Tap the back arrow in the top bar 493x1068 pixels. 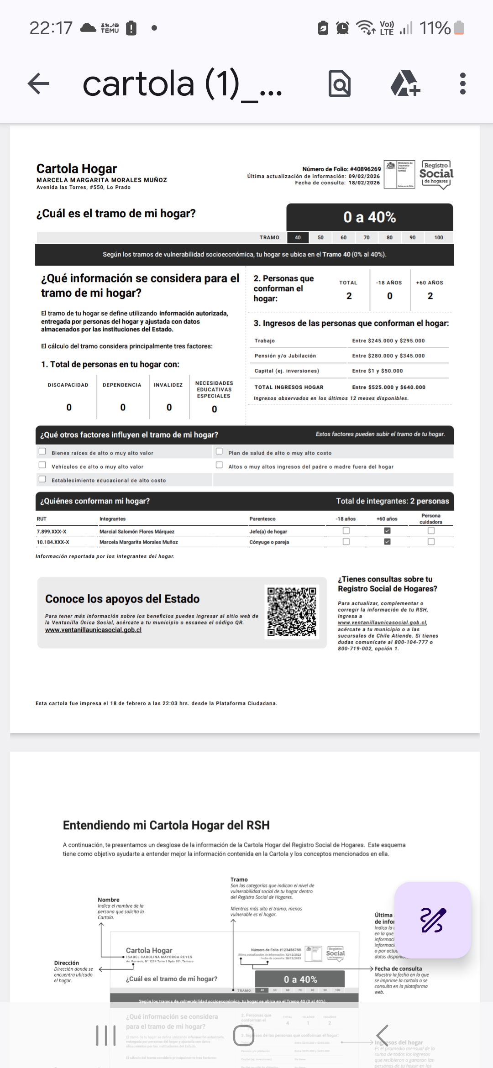(x=39, y=84)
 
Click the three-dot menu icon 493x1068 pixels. (x=463, y=84)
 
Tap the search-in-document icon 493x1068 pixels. (x=340, y=84)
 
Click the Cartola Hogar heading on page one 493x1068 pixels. (x=77, y=169)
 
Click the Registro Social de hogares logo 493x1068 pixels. (x=436, y=174)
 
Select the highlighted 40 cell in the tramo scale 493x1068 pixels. (x=298, y=237)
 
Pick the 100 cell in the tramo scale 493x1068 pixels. (x=439, y=237)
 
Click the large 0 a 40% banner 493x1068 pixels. (x=370, y=217)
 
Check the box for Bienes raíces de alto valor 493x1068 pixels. (x=42, y=451)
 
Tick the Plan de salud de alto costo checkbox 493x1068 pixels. (x=219, y=451)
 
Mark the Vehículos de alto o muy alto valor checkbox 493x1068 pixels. (x=42, y=465)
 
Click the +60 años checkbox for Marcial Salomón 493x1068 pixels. (x=387, y=531)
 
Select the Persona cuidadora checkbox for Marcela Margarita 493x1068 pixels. (x=431, y=542)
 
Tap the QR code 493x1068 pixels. (x=292, y=612)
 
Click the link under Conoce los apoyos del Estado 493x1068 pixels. (x=93, y=630)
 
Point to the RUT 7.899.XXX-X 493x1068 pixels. (x=52, y=532)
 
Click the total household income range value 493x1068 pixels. (x=388, y=387)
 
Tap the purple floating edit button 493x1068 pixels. (x=432, y=920)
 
